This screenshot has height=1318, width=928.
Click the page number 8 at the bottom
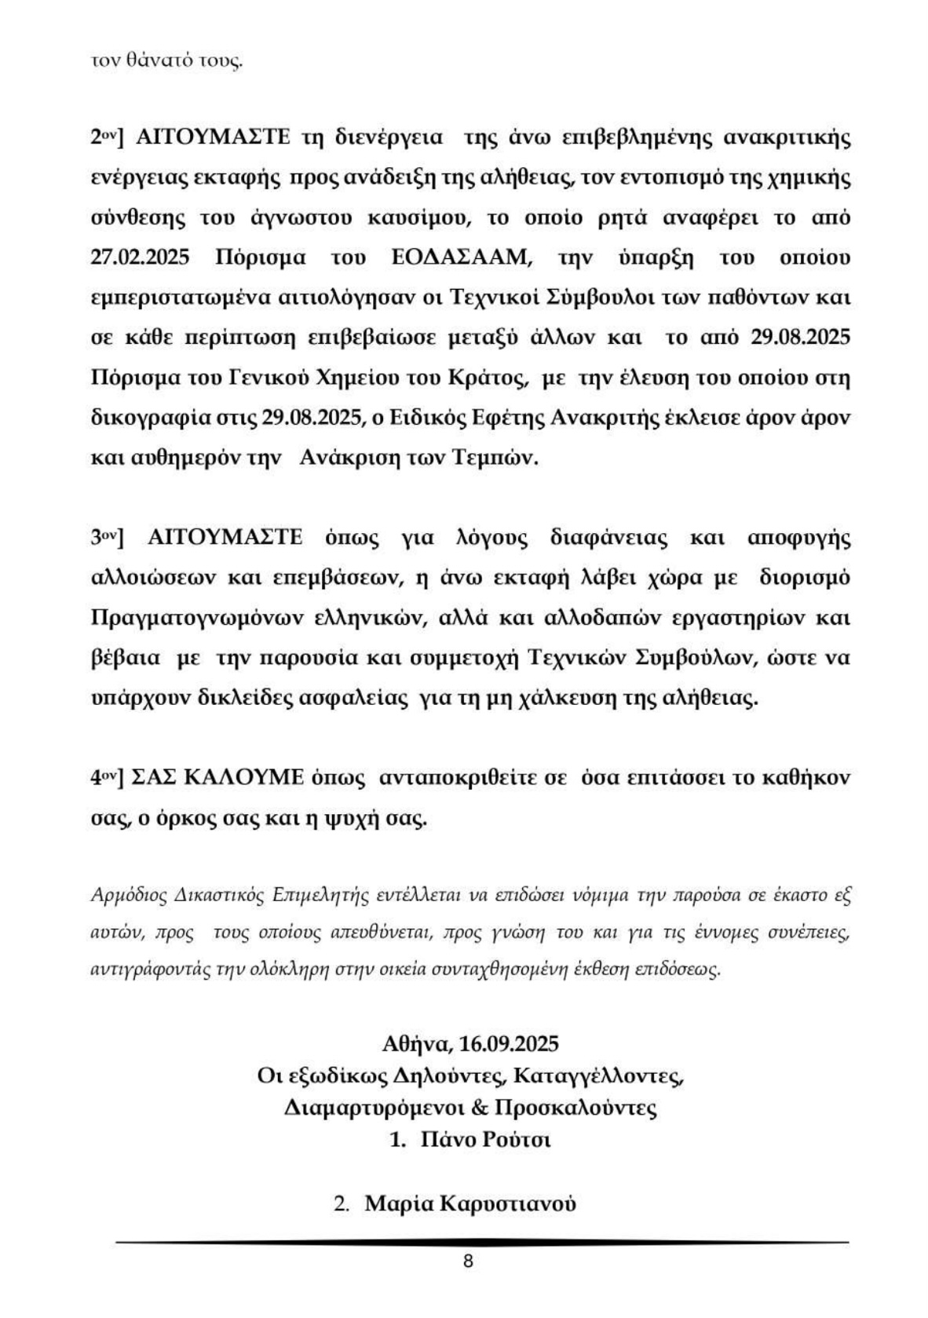click(469, 1261)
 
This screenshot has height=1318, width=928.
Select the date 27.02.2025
click(141, 257)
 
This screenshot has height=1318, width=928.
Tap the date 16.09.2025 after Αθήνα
click(510, 1044)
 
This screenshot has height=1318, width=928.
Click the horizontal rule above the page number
click(482, 1242)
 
